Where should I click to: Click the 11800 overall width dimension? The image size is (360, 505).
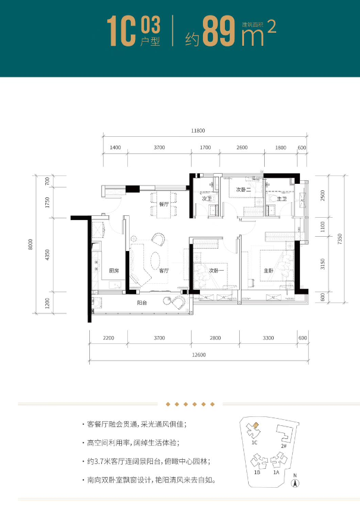[x=198, y=130]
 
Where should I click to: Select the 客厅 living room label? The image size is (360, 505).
[x=165, y=271]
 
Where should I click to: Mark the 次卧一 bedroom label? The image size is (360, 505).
[x=215, y=271]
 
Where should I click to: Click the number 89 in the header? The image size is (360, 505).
[x=218, y=33]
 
